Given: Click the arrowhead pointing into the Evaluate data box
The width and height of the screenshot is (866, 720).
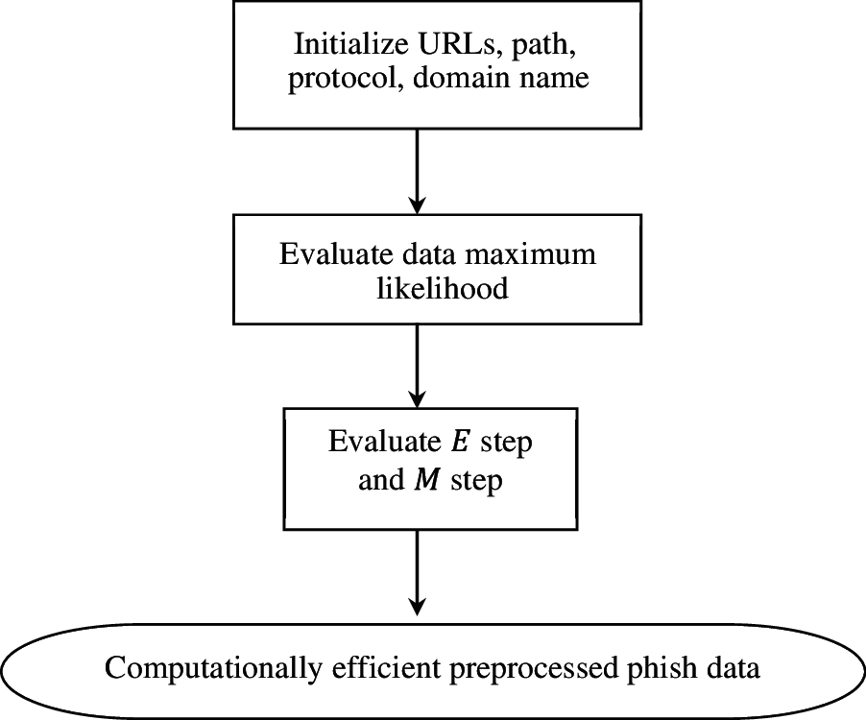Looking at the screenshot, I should (417, 204).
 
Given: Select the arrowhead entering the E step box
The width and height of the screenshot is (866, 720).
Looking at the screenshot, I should (417, 396).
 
